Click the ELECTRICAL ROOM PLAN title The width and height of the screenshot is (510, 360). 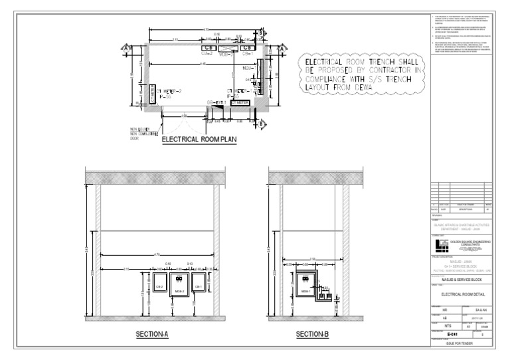(199, 139)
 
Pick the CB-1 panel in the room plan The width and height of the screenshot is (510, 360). (246, 48)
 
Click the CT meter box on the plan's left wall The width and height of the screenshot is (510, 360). (152, 94)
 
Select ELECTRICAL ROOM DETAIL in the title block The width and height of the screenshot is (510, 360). (461, 293)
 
